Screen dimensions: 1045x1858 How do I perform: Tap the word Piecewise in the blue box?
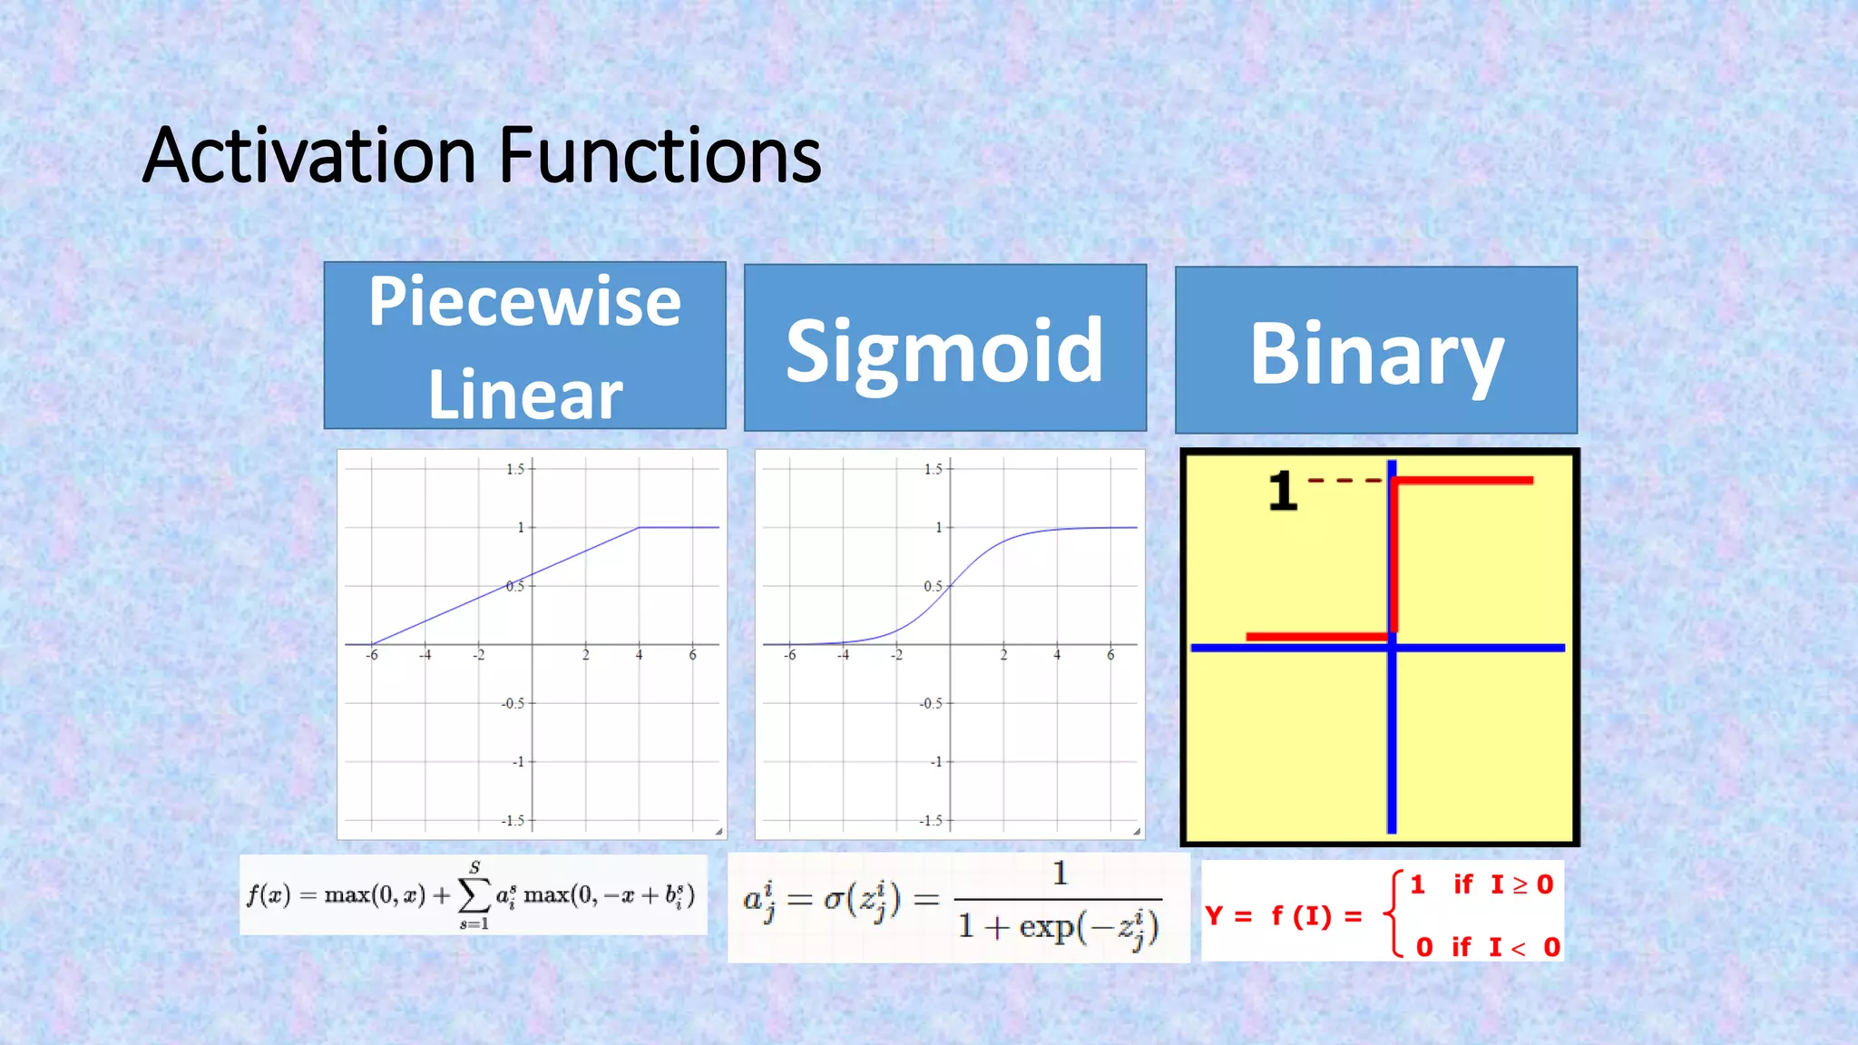(524, 302)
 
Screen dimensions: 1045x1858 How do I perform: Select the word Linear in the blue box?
(524, 395)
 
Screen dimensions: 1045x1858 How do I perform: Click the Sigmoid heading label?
(944, 351)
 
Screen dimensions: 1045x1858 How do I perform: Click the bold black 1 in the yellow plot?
(1283, 492)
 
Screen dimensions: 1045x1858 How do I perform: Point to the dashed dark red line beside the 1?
(1345, 480)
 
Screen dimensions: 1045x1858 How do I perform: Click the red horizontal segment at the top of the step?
(1462, 480)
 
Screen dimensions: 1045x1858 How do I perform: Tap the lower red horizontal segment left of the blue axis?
(1315, 637)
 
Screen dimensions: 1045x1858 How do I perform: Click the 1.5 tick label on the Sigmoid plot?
(933, 469)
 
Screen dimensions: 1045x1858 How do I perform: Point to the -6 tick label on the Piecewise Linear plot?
(372, 655)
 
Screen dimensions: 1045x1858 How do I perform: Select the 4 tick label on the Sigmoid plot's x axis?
(1057, 655)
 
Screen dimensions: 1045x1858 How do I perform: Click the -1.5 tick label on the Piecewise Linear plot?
(513, 820)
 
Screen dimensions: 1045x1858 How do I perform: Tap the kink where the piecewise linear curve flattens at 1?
(640, 527)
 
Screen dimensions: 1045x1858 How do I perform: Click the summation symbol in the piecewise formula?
(474, 896)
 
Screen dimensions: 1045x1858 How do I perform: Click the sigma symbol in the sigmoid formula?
(834, 900)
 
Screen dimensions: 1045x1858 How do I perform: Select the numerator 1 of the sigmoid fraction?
(1059, 874)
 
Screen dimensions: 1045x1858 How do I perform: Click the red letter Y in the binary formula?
(1214, 915)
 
